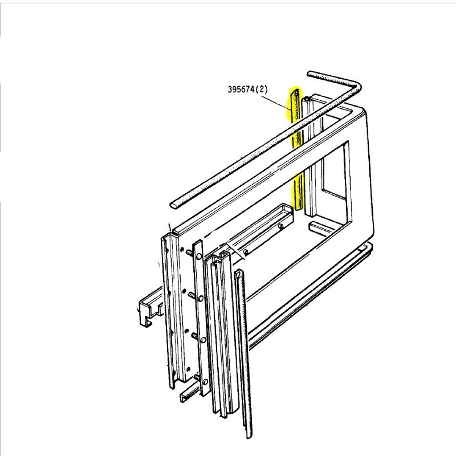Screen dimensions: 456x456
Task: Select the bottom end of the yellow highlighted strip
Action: click(x=298, y=207)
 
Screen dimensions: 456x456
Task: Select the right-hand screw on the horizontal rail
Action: click(x=282, y=228)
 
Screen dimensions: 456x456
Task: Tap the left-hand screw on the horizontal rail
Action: click(x=245, y=251)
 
